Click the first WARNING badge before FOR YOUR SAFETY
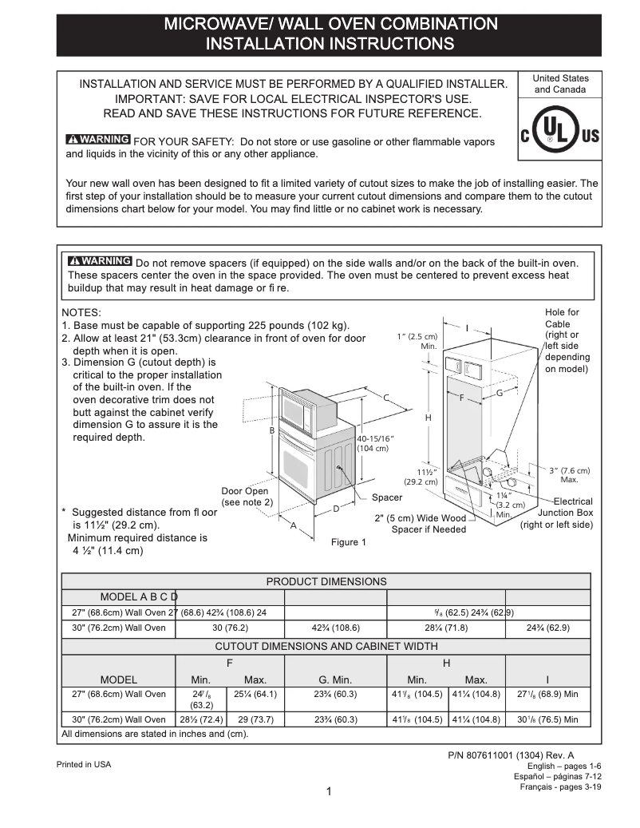click(98, 141)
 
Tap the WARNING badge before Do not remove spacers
click(101, 262)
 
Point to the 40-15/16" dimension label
click(375, 443)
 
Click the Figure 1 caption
click(349, 543)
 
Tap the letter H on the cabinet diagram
click(428, 418)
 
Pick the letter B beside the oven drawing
click(272, 430)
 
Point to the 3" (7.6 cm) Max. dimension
click(570, 474)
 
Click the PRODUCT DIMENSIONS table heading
click(326, 581)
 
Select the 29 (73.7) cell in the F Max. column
click(255, 719)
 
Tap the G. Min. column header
click(335, 679)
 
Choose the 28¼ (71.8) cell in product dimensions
click(445, 628)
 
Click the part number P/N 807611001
click(512, 755)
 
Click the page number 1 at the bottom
click(328, 792)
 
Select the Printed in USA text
click(84, 765)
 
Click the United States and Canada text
click(560, 84)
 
